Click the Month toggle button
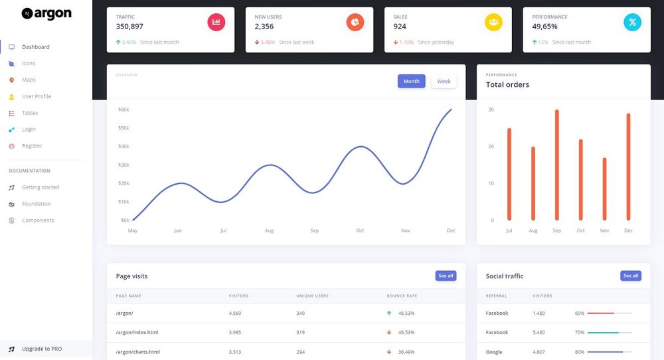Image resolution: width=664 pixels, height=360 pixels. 411,81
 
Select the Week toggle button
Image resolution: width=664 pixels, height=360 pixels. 444,81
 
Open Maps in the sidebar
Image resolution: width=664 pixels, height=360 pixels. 29,80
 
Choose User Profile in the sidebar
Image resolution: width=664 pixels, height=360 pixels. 36,96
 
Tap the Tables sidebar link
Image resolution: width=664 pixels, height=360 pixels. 30,113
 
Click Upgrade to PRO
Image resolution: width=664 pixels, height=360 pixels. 42,349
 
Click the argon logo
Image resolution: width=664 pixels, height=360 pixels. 46,13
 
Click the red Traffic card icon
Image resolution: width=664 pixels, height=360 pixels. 216,22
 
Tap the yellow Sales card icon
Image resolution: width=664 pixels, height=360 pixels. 493,22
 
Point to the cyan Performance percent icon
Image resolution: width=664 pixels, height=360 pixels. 632,22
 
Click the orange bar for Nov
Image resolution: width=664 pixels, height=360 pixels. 604,189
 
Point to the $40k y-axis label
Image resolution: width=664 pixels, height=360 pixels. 124,146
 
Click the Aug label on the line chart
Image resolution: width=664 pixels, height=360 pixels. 269,230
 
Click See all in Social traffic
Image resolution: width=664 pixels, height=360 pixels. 631,276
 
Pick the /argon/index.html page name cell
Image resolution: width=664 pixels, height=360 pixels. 137,332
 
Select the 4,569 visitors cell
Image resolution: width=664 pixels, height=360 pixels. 234,313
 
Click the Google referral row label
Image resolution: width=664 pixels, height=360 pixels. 494,352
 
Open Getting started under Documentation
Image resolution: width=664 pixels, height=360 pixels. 41,187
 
